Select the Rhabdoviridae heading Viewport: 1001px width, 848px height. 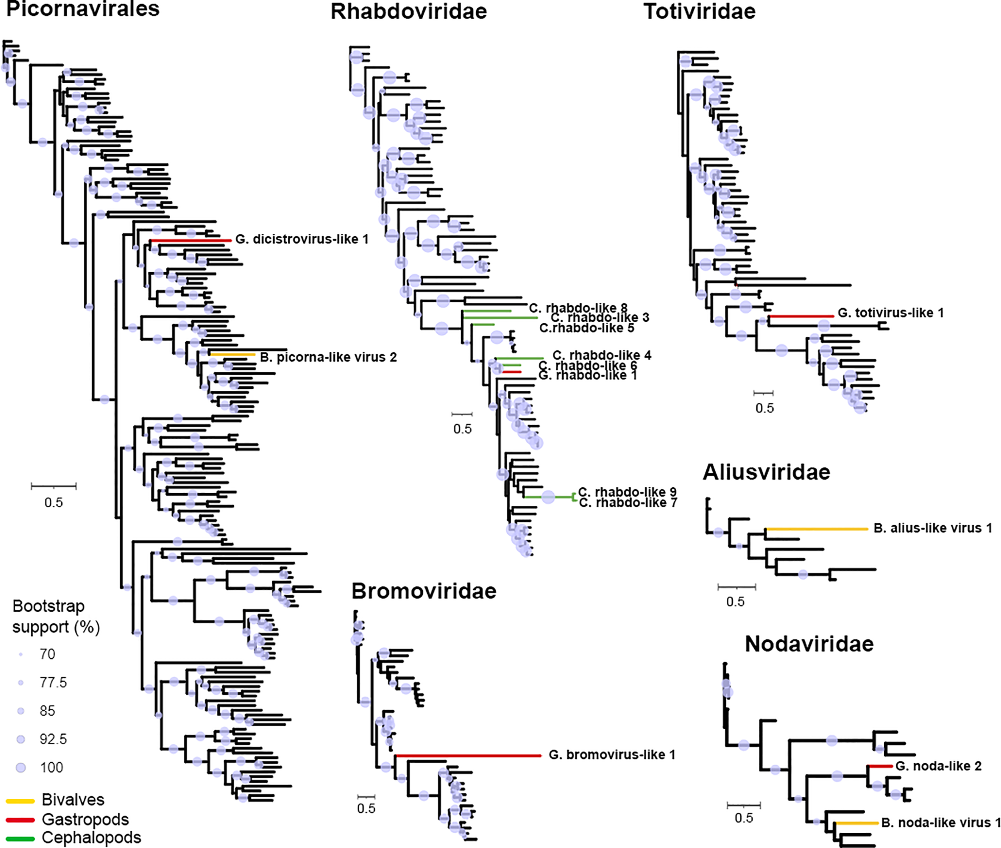point(409,12)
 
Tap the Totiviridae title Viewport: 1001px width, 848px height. point(699,12)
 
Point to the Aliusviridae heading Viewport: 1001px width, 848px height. point(766,472)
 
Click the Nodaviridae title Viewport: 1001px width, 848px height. point(809,644)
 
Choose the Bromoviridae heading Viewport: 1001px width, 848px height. point(424,591)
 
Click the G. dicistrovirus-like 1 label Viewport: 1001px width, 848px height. point(302,239)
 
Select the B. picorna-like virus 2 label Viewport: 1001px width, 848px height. point(328,357)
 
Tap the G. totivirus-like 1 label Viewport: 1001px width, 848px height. point(890,313)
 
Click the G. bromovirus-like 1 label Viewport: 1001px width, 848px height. point(611,755)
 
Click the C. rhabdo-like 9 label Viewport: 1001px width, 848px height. point(627,492)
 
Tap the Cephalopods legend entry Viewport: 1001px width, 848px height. point(91,838)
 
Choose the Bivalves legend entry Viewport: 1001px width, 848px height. point(72,800)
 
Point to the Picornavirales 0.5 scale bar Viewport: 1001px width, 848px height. point(53,486)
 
